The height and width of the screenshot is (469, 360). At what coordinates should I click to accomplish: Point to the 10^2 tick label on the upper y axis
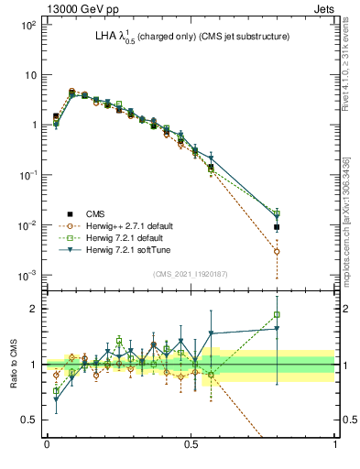(x=27, y=25)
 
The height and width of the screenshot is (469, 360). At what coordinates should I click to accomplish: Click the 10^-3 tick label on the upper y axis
(x=27, y=276)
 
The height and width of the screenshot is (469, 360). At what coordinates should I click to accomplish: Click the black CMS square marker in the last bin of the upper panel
(x=277, y=227)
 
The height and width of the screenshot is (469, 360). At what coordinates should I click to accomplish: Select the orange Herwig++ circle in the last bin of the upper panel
(x=277, y=251)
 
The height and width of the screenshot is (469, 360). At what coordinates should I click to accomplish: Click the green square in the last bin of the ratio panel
(x=277, y=315)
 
